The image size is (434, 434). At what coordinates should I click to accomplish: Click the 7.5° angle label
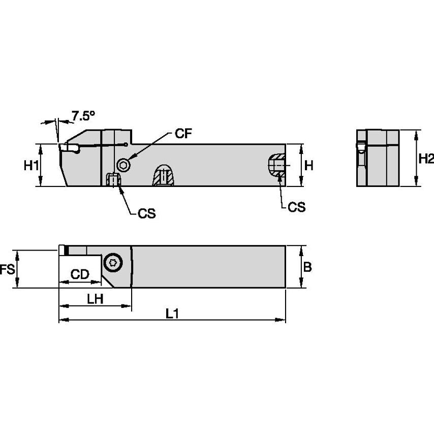point(83,116)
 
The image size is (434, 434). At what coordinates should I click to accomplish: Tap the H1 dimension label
point(32,166)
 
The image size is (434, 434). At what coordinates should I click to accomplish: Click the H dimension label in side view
point(309,165)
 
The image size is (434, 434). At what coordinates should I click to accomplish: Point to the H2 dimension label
point(426,159)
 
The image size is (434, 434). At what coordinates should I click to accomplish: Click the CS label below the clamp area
point(146,214)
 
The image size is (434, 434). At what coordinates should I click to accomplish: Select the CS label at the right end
point(297,207)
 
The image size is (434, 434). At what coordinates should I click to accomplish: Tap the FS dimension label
point(7,269)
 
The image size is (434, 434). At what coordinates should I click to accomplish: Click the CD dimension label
point(80,275)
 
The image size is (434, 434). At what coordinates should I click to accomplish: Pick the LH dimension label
point(95,299)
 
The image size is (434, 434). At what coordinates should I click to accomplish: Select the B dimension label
point(307,267)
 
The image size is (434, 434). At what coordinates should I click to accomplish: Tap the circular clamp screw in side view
point(123,165)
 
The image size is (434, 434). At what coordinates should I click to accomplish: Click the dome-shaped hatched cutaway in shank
point(163,175)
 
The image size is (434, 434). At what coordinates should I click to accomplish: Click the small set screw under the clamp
point(113,180)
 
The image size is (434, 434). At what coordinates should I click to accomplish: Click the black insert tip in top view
point(66,250)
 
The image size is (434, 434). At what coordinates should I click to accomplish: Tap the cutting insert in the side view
point(69,148)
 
